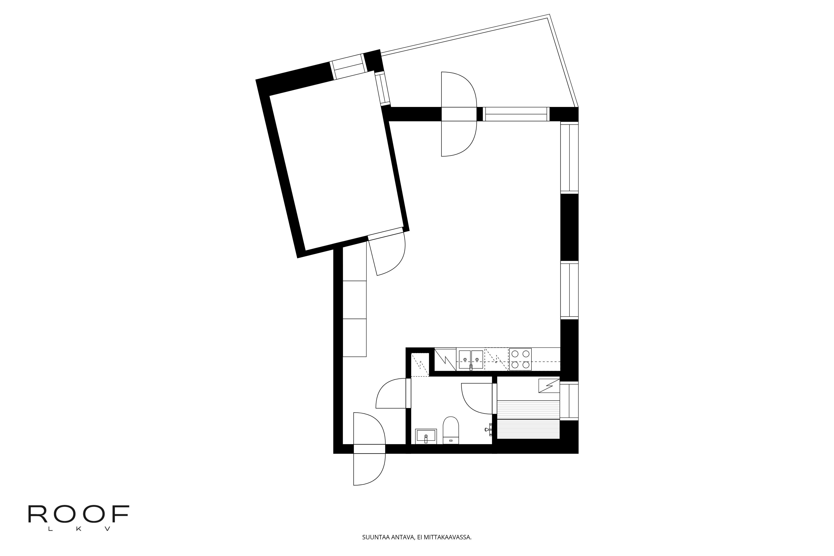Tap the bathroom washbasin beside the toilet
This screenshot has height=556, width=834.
tap(426, 436)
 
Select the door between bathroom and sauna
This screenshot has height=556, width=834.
tap(494, 399)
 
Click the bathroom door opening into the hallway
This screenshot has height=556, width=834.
tap(408, 393)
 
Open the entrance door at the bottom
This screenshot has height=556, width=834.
tap(369, 449)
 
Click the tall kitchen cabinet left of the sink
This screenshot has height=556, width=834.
tap(445, 359)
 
